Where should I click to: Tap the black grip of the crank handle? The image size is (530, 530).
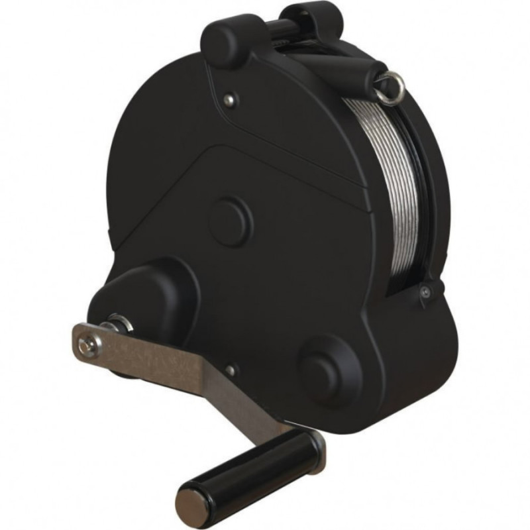coord(248,470)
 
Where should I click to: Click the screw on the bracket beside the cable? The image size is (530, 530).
coord(425,291)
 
